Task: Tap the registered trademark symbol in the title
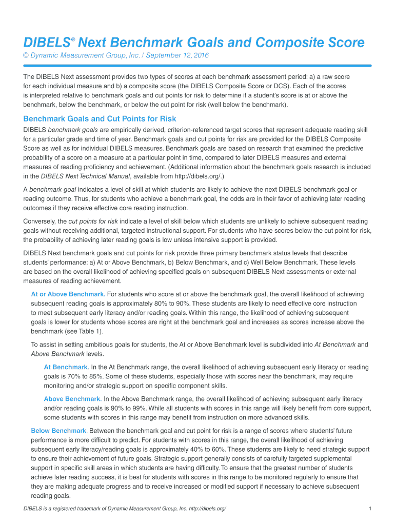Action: (x=73, y=39)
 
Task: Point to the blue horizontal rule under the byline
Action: (x=197, y=66)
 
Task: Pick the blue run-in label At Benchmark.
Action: (x=66, y=367)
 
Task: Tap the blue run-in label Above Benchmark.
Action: (x=72, y=399)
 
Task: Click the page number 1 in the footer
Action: (x=370, y=508)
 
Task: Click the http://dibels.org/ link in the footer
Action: (x=205, y=508)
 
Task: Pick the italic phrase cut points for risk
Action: (x=93, y=221)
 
